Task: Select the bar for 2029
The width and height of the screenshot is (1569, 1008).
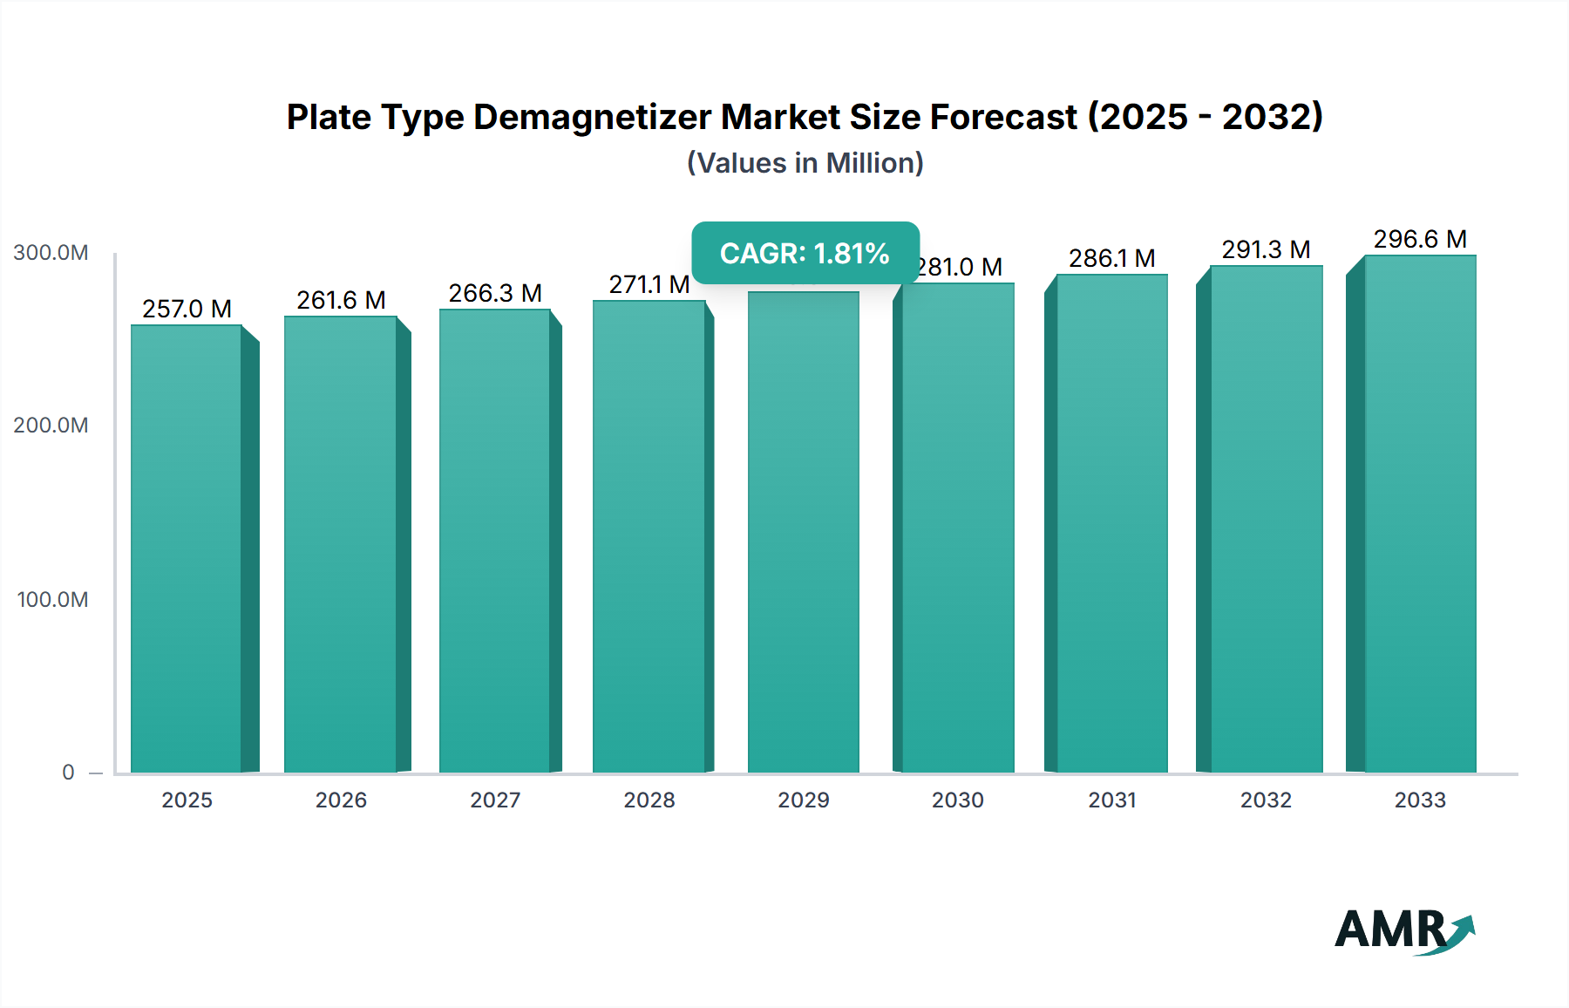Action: click(803, 532)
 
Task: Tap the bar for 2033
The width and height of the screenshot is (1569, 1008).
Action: click(1419, 514)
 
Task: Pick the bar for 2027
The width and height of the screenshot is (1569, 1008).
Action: click(495, 541)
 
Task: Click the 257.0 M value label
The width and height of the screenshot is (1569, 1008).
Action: click(187, 309)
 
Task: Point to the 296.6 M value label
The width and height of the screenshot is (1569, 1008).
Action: click(1420, 239)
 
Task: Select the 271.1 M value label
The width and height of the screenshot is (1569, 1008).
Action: click(649, 284)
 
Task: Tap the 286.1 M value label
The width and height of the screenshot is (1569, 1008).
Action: click(1111, 258)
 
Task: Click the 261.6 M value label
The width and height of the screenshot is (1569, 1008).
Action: click(341, 300)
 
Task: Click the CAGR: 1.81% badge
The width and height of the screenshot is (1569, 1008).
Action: click(805, 253)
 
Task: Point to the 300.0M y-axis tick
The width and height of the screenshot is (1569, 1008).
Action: click(51, 253)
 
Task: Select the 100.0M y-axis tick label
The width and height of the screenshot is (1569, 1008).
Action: click(52, 600)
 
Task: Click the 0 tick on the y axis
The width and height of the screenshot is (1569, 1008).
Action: click(68, 773)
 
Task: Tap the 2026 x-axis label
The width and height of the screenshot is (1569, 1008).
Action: click(341, 800)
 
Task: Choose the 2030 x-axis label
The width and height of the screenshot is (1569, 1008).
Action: click(957, 800)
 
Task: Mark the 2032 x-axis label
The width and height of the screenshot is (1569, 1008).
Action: click(1266, 800)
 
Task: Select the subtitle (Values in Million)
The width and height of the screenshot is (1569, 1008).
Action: click(805, 163)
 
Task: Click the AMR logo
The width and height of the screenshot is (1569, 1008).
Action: click(1403, 930)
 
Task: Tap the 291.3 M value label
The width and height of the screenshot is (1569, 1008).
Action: click(1266, 249)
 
